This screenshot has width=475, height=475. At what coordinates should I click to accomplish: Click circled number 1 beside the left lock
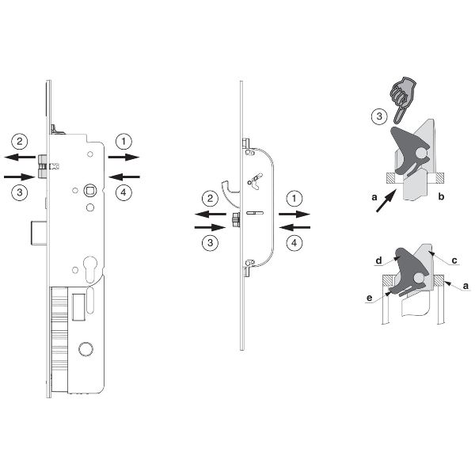[x=123, y=142]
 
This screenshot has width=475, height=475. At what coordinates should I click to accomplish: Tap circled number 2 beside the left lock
[x=20, y=142]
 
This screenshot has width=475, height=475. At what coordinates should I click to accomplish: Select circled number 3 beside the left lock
[x=20, y=192]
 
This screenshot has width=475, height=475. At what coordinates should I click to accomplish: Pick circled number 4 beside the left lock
[x=123, y=192]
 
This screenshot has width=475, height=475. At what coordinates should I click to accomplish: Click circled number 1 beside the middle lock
[x=294, y=199]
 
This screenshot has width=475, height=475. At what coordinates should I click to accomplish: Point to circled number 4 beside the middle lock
[x=294, y=243]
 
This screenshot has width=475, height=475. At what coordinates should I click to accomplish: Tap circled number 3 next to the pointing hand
[x=379, y=116]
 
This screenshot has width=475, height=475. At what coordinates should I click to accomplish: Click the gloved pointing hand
[x=403, y=100]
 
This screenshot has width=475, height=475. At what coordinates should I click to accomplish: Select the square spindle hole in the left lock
[x=90, y=191]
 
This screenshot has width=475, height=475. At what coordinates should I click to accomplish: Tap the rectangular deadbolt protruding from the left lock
[x=39, y=233]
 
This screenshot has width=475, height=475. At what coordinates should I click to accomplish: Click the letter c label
[x=454, y=260]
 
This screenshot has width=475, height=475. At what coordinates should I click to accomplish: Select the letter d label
[x=378, y=260]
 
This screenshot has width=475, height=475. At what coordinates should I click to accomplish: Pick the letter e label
[x=369, y=298]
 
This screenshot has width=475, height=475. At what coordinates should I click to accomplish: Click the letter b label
[x=441, y=196]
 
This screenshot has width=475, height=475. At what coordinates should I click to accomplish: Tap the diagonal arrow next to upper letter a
[x=386, y=200]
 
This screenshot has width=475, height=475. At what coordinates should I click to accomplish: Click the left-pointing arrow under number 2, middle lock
[x=211, y=215]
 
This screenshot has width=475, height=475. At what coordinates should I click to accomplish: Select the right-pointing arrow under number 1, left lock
[x=123, y=157]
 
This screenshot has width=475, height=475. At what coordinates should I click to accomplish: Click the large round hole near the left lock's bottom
[x=85, y=348]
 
